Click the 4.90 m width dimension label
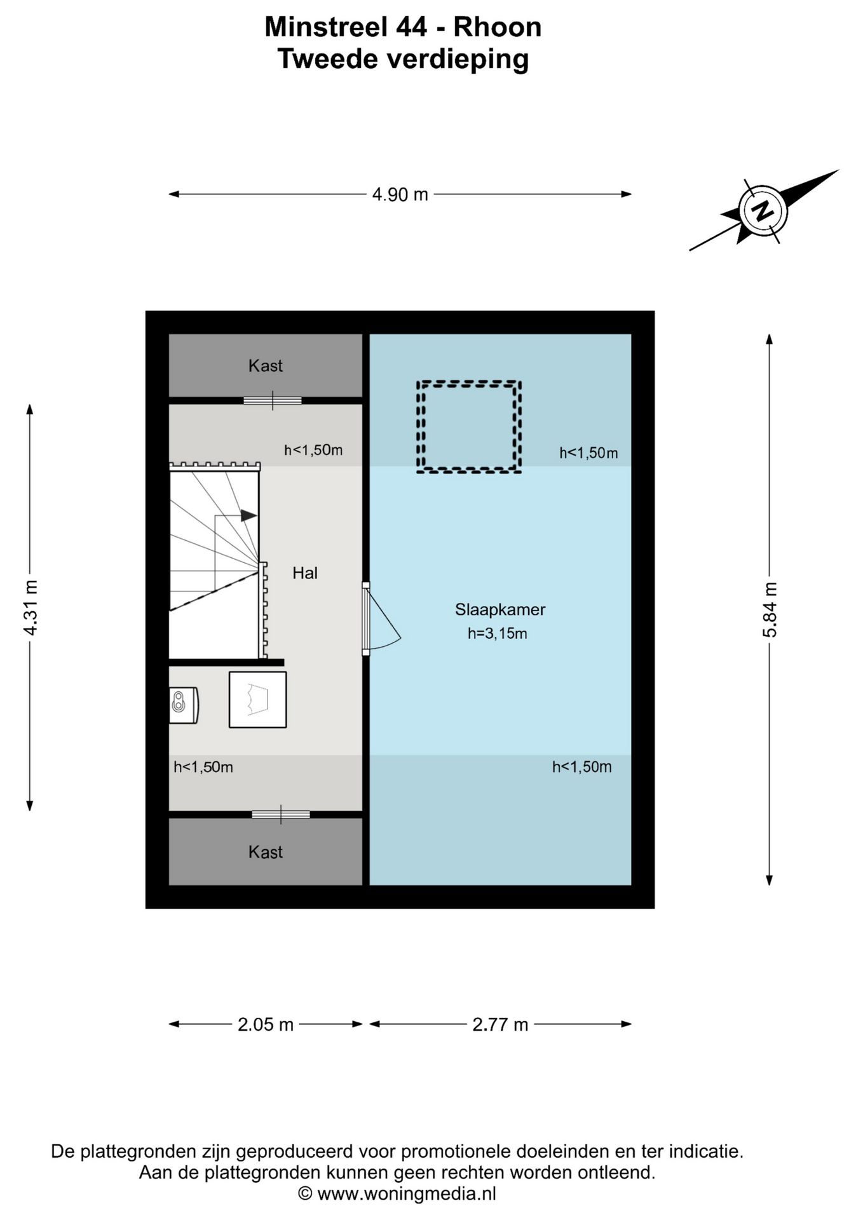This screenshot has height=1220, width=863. pos(400,194)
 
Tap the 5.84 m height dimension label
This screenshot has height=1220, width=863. pos(770,609)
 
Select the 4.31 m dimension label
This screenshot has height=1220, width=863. pos(30,607)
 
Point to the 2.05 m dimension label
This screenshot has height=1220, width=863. pos(266,1024)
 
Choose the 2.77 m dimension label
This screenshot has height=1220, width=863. pos(500,1024)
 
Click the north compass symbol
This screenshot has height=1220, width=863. pos(763,210)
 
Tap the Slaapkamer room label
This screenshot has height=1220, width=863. pos(500,609)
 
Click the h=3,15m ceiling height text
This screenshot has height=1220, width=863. pos(498,634)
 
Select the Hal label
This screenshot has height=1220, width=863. pos(305,573)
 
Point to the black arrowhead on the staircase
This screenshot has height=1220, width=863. pos(248,515)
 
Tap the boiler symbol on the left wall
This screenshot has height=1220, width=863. pos(184,705)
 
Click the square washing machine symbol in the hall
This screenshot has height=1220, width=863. pos(257,700)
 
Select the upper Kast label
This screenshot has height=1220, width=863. pos(266,365)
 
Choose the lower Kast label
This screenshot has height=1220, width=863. pos(266,852)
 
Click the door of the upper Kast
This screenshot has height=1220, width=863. pos(273,400)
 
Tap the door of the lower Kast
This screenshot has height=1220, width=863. pos(281,814)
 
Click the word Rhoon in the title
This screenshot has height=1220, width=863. pos(497,27)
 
